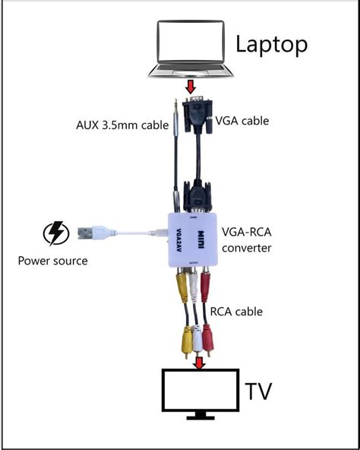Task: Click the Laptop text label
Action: coord(271,45)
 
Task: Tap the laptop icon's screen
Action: coord(191,41)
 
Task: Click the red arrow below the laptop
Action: coord(191,87)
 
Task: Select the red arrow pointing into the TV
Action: coord(199,363)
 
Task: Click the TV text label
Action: coord(258,391)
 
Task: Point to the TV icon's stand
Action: coord(201,416)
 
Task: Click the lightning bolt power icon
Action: coord(56,233)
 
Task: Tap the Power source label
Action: coord(52,261)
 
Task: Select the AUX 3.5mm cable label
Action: coord(122,125)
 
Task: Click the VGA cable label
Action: coord(242,121)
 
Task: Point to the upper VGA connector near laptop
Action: coord(197,115)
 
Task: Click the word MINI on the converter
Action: coord(201,240)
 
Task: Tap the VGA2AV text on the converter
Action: coord(178,240)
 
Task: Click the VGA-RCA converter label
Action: coord(246,240)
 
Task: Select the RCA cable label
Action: coord(236,312)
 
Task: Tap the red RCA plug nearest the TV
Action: coord(208,340)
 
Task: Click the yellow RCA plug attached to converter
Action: coord(182,285)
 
